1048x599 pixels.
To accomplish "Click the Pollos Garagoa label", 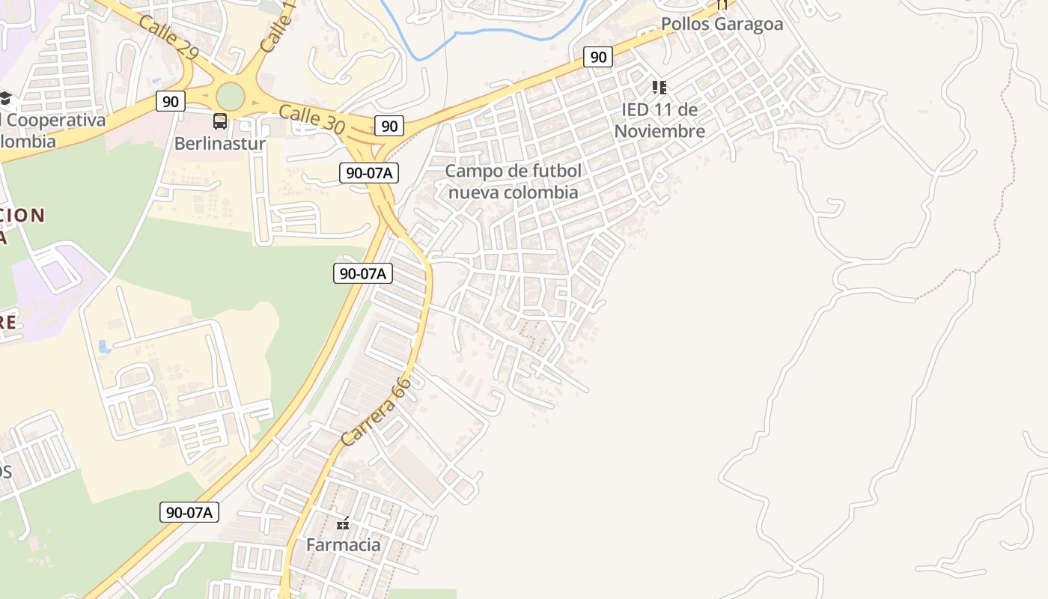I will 722,24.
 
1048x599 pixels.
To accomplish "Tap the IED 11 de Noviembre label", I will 659,121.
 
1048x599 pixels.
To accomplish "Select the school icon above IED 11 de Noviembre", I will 659,88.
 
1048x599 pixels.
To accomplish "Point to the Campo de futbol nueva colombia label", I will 513,181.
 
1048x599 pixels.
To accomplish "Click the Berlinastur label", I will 220,142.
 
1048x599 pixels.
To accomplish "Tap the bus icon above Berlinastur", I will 220,121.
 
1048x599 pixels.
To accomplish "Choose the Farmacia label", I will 344,544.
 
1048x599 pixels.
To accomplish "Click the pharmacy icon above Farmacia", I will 344,523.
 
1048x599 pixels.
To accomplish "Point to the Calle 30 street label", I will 311,120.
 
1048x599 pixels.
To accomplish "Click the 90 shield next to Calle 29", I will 171,101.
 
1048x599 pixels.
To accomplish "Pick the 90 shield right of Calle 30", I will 389,126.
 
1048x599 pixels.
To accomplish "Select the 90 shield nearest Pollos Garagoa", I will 597,57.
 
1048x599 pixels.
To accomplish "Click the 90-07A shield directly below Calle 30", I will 369,173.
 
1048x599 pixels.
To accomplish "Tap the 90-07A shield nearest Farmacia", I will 189,512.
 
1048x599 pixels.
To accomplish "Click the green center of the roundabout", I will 231,95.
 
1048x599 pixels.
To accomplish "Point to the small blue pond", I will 104,347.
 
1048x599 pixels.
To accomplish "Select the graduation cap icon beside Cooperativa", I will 5,98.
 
